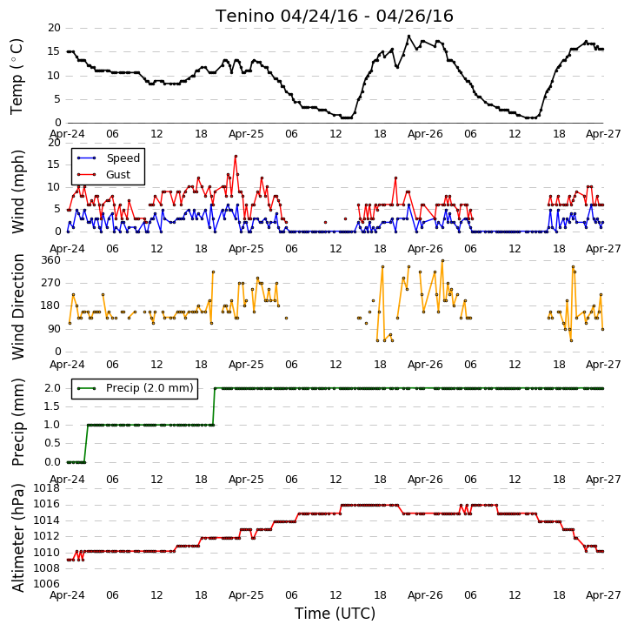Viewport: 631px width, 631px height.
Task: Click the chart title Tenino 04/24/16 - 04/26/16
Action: pyautogui.click(x=335, y=17)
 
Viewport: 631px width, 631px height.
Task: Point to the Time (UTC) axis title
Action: pyautogui.click(x=335, y=614)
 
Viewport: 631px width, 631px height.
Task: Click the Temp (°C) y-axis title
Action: pyautogui.click(x=17, y=77)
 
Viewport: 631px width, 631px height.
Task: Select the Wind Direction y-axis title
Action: pyautogui.click(x=18, y=306)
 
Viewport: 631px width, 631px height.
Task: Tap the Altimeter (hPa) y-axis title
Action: pyautogui.click(x=18, y=538)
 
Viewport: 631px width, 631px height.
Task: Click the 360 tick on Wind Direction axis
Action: pyautogui.click(x=51, y=260)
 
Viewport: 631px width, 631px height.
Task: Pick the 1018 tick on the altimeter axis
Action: pyautogui.click(x=46, y=488)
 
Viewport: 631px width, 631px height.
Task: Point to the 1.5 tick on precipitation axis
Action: pyautogui.click(x=52, y=406)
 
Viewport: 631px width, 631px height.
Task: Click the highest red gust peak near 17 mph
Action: pyautogui.click(x=236, y=156)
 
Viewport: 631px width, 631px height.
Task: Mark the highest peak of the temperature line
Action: pyautogui.click(x=408, y=37)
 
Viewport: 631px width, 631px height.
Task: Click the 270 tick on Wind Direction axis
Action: pyautogui.click(x=51, y=283)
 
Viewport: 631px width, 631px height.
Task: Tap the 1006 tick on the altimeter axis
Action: pyautogui.click(x=46, y=584)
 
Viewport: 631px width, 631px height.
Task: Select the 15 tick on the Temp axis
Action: pyautogui.click(x=54, y=51)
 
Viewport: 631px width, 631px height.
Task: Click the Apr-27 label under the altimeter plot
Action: pyautogui.click(x=603, y=595)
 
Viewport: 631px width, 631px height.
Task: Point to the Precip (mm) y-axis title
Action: pyautogui.click(x=18, y=422)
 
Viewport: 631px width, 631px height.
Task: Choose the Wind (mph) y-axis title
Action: pyautogui.click(x=18, y=191)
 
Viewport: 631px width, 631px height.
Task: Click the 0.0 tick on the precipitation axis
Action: pyautogui.click(x=52, y=462)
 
